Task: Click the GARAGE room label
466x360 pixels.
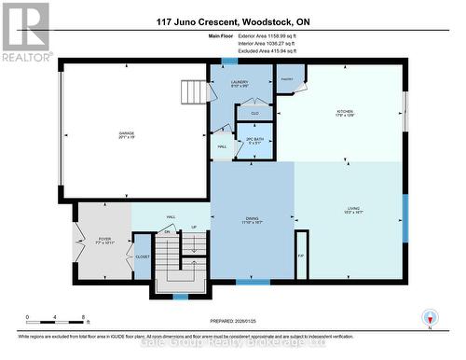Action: [126, 134]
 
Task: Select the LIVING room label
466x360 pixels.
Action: [353, 210]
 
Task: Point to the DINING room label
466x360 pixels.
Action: [253, 219]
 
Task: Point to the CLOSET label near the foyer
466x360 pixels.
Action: [143, 256]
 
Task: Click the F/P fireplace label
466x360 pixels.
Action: [300, 256]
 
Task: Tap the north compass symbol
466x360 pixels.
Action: [429, 317]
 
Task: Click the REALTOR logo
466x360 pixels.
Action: [25, 32]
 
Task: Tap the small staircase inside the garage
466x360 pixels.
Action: [193, 92]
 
